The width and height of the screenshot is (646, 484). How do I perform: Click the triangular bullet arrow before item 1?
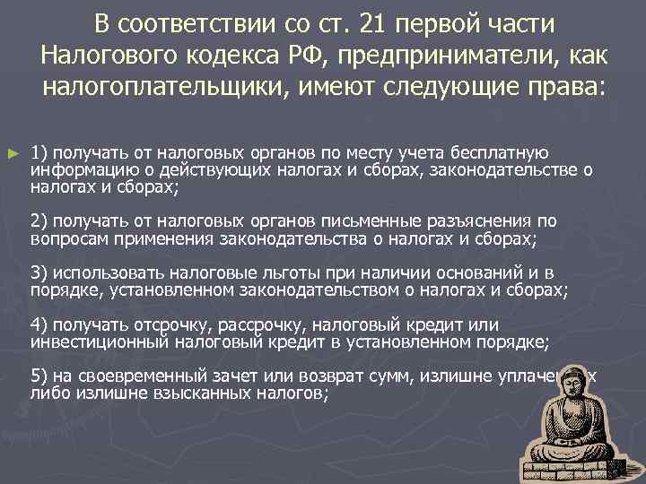coord(12,154)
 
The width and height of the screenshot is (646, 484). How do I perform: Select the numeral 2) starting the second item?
coord(39,220)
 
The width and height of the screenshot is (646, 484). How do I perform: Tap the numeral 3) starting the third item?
coord(39,272)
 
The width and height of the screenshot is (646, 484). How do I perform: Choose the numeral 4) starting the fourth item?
coord(39,323)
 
